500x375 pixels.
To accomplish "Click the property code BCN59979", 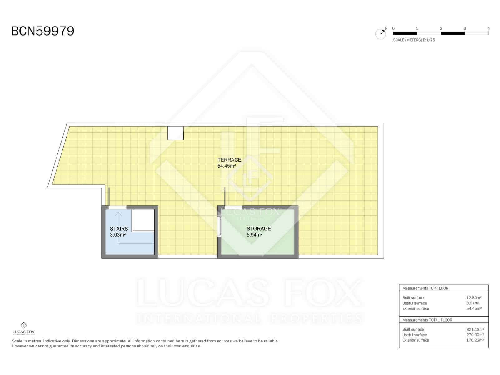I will (43, 31).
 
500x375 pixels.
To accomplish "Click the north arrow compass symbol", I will (381, 34).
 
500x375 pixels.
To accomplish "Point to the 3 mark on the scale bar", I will (465, 28).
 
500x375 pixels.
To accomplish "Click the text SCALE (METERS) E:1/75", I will (414, 40).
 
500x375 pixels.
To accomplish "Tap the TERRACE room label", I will (229, 160).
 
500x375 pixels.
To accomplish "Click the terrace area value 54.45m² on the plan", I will (227, 166).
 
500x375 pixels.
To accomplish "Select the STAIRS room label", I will (119, 229).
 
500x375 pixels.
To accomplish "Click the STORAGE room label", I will (259, 229).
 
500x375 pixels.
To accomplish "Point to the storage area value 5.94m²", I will (254, 235).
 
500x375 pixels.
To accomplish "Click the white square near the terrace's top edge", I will (176, 133).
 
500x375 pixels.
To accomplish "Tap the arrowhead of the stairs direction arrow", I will (118, 214).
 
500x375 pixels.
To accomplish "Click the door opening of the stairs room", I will (117, 207).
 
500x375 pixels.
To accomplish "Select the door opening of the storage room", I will (233, 207).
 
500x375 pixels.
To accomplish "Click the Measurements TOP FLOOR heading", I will (425, 288).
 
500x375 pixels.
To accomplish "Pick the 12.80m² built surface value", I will (474, 298).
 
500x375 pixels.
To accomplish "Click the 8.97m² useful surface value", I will (473, 303).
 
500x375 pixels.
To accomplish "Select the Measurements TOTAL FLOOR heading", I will (427, 320).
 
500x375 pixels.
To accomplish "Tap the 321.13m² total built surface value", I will (475, 329).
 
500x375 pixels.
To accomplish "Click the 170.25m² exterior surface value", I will (475, 340).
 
